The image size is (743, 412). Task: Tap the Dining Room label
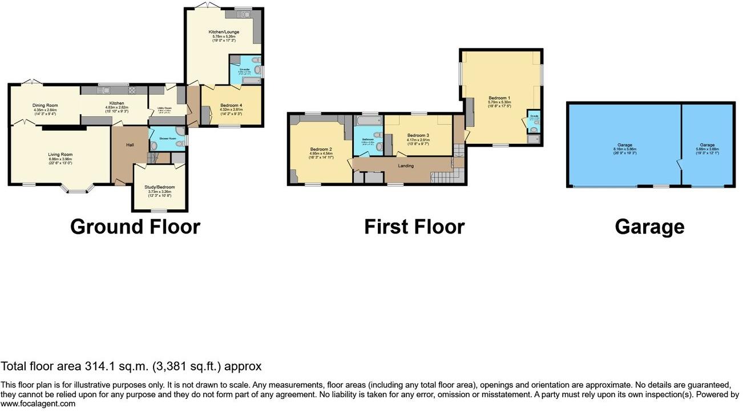coord(45,105)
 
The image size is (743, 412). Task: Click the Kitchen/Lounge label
coord(224,32)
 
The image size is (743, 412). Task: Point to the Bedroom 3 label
coord(418,135)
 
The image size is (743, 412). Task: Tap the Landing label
coord(406,166)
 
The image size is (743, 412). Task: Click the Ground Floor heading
coord(135,227)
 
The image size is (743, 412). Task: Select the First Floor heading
coord(414,227)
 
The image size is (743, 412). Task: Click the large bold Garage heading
coord(649,227)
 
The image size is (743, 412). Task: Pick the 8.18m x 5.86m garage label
coord(624,149)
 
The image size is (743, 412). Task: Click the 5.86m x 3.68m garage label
coord(708,149)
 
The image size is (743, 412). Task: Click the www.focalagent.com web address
coord(38,403)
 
